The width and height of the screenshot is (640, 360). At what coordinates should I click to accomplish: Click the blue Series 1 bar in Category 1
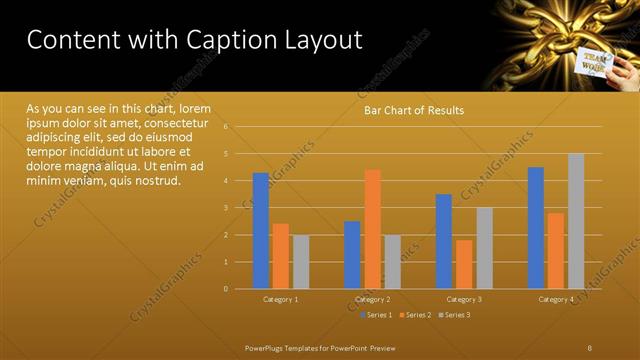pos(260,230)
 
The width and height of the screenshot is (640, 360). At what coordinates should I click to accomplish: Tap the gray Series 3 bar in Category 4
pos(576,220)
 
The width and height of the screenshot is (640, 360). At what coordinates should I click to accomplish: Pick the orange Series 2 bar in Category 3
pos(464,264)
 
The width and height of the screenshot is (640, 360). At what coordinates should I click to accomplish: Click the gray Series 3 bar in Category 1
pos(301,261)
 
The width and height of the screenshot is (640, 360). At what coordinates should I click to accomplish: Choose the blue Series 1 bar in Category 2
pos(352,254)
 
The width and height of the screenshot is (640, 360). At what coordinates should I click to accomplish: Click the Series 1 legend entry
pos(376,315)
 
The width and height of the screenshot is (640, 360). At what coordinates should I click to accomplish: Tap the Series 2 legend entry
pos(415,315)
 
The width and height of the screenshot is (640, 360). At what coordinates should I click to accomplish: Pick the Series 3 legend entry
pos(454,315)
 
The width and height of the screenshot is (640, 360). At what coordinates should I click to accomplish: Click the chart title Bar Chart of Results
pos(413,111)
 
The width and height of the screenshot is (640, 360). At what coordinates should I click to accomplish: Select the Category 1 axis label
pos(281,300)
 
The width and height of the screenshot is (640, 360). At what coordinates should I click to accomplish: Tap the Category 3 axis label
pos(464,300)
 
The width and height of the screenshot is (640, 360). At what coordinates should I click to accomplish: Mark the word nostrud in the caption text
pos(156,181)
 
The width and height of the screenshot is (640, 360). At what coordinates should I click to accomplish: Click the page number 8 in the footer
pos(590,347)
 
